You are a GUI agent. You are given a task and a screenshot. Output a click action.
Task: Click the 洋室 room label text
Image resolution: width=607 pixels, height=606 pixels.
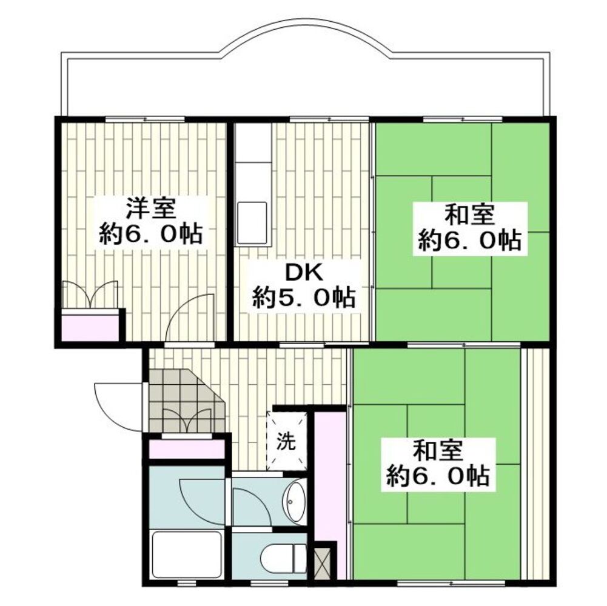point(150,209)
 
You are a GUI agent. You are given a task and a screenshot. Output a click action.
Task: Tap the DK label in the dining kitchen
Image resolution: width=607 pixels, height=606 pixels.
point(304,274)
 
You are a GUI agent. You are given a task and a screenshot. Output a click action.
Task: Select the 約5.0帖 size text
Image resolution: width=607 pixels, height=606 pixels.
point(304,297)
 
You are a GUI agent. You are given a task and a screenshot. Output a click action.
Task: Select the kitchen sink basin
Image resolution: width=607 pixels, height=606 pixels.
point(252,222)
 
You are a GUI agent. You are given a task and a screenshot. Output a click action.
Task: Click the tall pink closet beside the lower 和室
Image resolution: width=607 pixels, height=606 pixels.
point(329,476)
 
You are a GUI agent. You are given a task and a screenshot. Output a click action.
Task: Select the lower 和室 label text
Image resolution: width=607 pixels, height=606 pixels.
point(438,451)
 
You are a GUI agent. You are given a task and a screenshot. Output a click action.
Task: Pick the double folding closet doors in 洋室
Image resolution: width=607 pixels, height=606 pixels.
point(90,295)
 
